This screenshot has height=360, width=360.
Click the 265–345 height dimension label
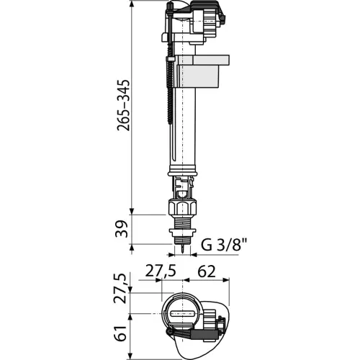124,105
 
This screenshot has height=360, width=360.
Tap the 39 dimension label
122,229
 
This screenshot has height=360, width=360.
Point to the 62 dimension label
207,271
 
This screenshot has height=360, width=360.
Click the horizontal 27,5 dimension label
161,271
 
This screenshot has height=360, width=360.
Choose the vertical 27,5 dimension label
120,289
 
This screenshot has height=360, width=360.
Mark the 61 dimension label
120,333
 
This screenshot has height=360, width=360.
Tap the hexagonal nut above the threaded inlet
183,207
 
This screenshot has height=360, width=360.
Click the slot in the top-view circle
182,313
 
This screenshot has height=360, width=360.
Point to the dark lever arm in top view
193,333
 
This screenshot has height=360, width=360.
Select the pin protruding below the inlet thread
183,248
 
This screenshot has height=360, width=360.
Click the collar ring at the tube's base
183,171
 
